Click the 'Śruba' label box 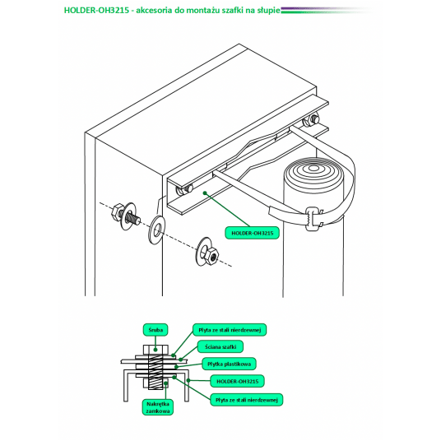[156, 330]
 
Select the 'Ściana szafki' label [220, 346]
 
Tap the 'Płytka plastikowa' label [230, 364]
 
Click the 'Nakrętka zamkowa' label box [158, 407]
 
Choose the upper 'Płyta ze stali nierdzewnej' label [230, 330]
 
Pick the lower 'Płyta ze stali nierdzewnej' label [247, 400]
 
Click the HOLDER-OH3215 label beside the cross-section [238, 382]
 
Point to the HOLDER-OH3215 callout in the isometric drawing [253, 233]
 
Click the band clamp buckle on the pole [313, 219]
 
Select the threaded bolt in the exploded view [124, 214]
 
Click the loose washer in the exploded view [156, 230]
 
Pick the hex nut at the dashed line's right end [211, 255]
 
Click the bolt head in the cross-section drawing [156, 350]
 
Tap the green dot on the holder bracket [205, 193]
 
